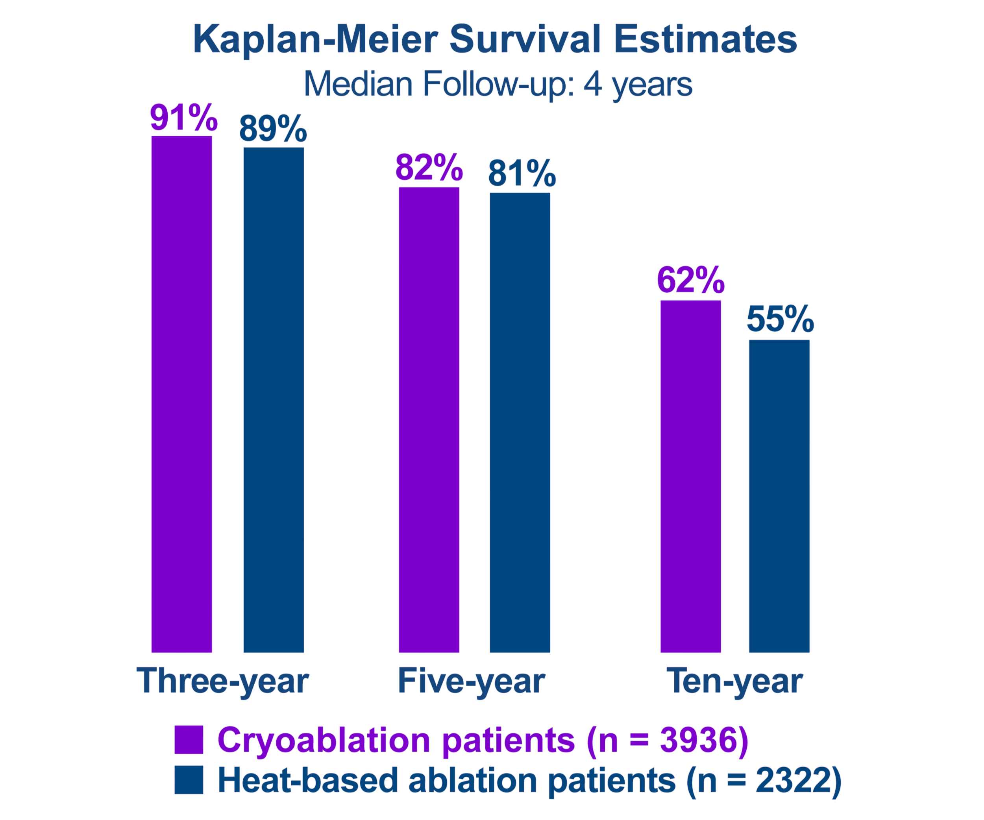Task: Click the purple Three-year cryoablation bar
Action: pos(182,394)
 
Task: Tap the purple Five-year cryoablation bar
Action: pos(429,419)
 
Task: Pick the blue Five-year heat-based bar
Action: pos(520,422)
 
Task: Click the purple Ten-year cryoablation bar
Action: pos(690,476)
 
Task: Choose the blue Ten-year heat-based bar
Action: pos(779,496)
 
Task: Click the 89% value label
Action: pos(273,128)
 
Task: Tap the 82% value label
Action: pos(429,167)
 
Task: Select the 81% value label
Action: pos(522,173)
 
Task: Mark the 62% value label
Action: pos(691,280)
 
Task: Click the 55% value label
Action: pos(780,319)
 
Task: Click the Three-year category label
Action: pos(222,681)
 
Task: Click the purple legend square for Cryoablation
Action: pos(189,739)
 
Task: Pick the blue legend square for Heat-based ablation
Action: pos(189,780)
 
